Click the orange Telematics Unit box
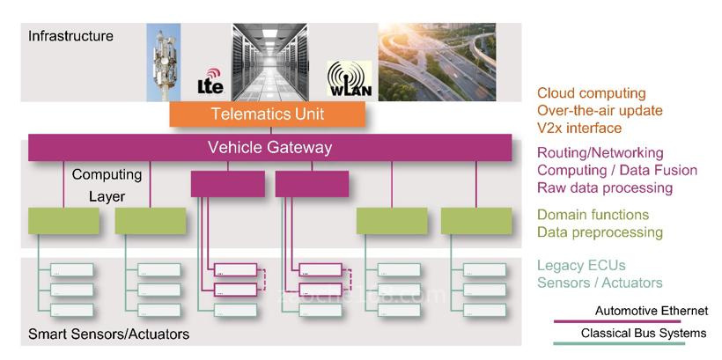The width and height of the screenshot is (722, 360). click(x=267, y=114)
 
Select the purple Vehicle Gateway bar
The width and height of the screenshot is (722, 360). click(x=269, y=148)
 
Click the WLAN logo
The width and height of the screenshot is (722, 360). click(x=349, y=80)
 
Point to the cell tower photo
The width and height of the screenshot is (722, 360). click(x=164, y=62)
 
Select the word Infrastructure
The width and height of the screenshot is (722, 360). click(x=70, y=36)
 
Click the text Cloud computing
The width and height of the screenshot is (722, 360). click(x=591, y=93)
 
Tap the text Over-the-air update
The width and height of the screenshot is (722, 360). click(x=600, y=111)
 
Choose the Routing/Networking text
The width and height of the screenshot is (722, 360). click(x=601, y=152)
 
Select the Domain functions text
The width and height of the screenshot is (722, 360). click(x=593, y=215)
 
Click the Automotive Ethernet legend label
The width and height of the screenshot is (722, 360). click(x=651, y=311)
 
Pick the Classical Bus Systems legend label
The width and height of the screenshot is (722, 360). click(x=643, y=334)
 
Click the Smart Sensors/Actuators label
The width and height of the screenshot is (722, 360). click(x=108, y=335)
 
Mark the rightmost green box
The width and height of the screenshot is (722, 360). click(x=476, y=220)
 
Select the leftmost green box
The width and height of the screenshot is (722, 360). click(x=63, y=220)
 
